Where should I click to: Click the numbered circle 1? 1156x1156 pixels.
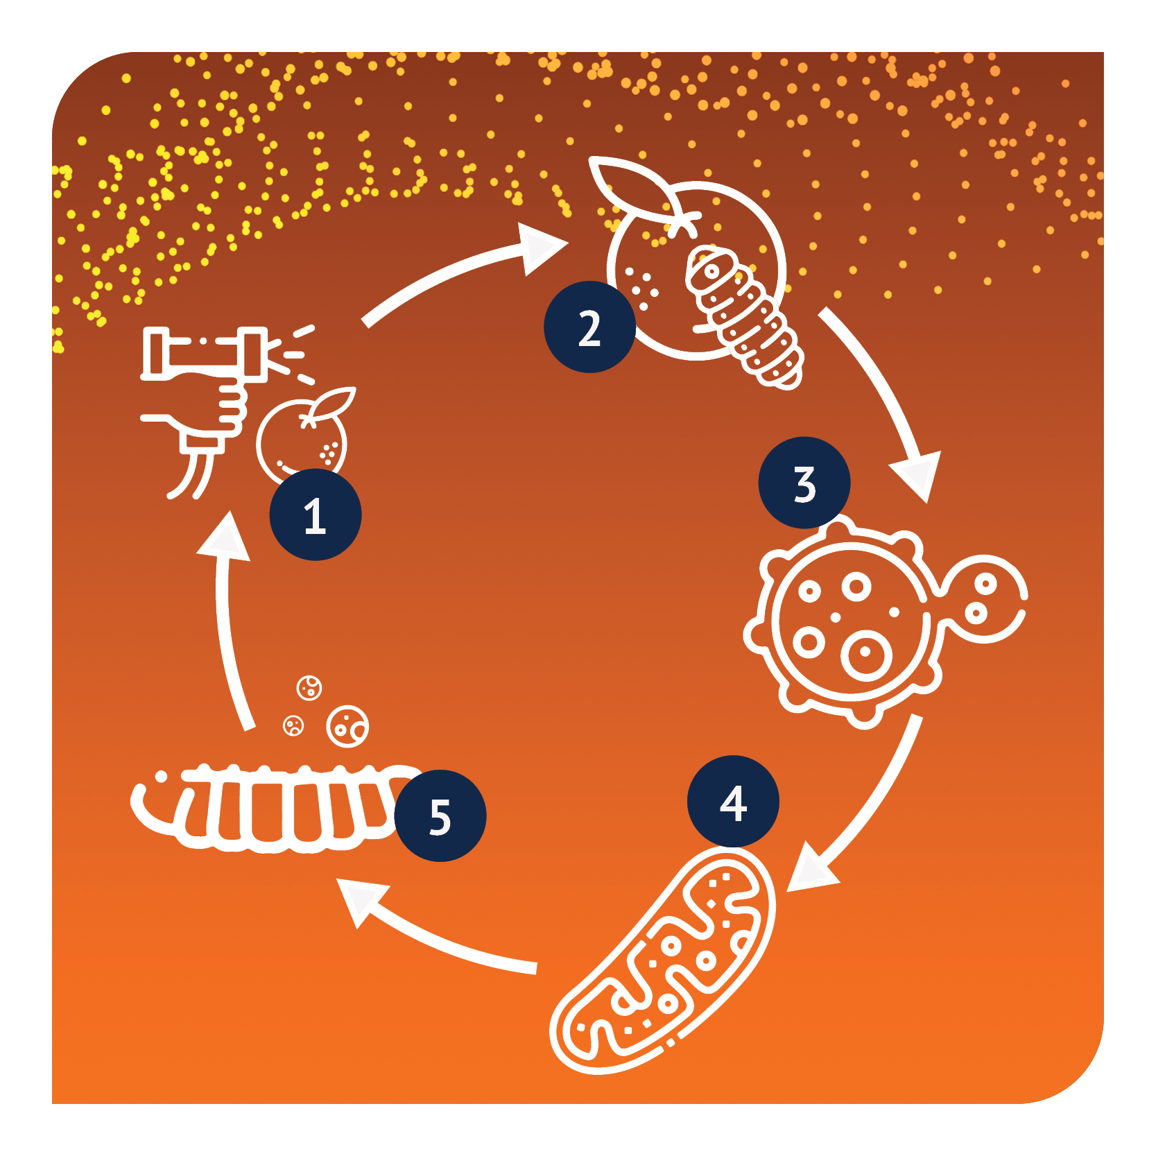pyautogui.click(x=316, y=515)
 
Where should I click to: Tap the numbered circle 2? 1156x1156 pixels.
pyautogui.click(x=589, y=327)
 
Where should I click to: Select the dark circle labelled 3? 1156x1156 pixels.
pyautogui.click(x=804, y=483)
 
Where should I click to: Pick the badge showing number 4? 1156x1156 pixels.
pyautogui.click(x=733, y=801)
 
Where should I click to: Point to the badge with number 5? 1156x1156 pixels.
pyautogui.click(x=440, y=816)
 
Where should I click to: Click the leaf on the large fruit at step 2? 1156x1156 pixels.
pyautogui.click(x=635, y=187)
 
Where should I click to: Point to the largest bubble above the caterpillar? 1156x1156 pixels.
pyautogui.click(x=347, y=727)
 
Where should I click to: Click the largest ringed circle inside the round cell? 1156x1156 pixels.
pyautogui.click(x=866, y=654)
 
